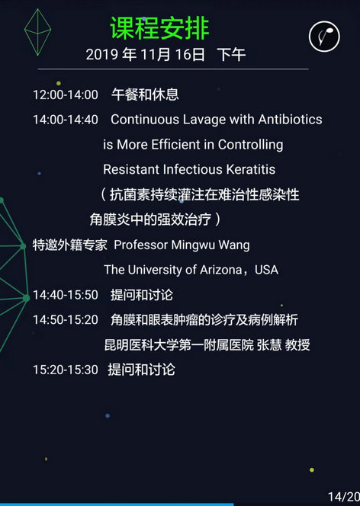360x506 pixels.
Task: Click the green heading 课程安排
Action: pos(159,28)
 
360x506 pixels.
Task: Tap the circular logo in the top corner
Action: pos(324,37)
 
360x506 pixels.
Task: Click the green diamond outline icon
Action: pos(38,32)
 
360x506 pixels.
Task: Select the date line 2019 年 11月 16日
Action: pos(145,55)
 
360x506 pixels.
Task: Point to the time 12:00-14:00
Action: pos(66,94)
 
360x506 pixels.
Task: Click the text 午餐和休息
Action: pos(145,94)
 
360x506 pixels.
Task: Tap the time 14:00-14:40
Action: pos(66,120)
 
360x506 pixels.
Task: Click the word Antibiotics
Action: pos(290,120)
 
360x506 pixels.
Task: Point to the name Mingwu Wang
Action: pos(211,245)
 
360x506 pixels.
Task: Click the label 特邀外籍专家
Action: pos(69,245)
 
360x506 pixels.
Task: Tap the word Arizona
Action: pos(221,270)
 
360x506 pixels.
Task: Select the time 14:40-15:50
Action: pos(66,295)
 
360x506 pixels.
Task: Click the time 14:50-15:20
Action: pos(66,320)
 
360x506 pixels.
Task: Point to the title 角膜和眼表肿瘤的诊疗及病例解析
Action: pos(204,320)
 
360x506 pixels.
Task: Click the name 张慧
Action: pos(269,345)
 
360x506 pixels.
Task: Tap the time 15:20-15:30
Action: pos(66,370)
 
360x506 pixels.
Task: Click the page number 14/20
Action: pos(344,497)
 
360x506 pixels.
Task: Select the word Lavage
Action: pos(204,120)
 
